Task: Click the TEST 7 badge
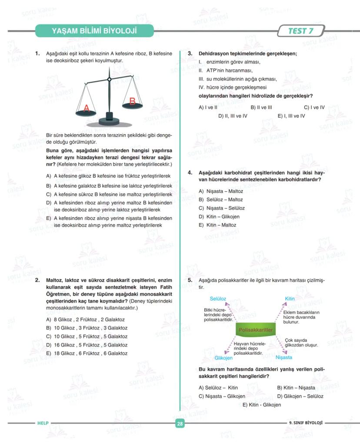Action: (300, 31)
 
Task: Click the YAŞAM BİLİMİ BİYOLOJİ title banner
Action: (94, 31)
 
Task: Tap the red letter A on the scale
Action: (86, 108)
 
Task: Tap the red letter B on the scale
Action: (133, 101)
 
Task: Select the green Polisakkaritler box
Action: (256, 330)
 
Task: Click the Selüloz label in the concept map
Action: (218, 299)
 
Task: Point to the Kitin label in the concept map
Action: (290, 299)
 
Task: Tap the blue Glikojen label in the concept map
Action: (223, 358)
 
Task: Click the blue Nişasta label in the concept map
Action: (284, 357)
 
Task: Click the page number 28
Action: (180, 423)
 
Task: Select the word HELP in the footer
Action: (43, 423)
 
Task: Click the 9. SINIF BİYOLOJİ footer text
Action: (305, 423)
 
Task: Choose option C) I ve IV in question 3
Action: (314, 107)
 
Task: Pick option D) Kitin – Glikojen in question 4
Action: (219, 216)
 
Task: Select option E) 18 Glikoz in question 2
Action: (87, 353)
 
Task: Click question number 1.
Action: (38, 54)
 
